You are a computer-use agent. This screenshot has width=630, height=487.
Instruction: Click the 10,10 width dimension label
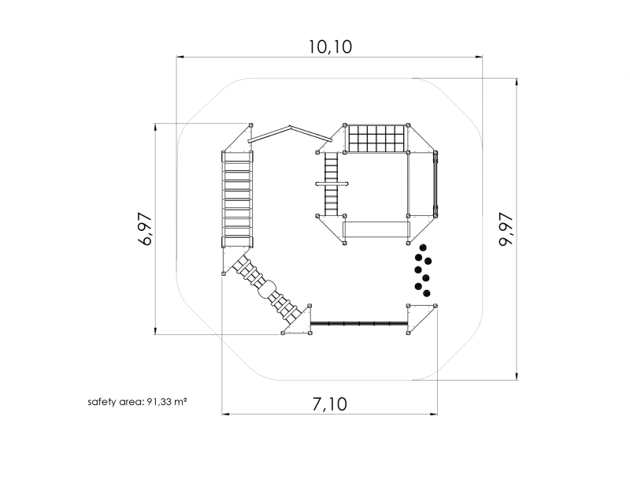coord(330,46)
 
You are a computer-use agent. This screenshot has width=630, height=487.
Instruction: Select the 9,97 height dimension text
coord(506,229)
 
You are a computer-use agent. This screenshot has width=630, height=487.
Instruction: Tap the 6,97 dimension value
coord(145,229)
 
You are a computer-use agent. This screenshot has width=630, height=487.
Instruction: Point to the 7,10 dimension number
coord(329,403)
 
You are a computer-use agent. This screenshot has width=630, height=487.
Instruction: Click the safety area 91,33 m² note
coord(137,401)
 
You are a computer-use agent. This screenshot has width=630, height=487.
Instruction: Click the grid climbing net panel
coord(376,139)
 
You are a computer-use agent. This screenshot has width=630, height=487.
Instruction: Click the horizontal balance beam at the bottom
coord(360,323)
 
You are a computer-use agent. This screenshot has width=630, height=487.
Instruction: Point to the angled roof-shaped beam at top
coord(290,134)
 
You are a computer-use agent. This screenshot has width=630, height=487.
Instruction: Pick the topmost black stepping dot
coord(422,247)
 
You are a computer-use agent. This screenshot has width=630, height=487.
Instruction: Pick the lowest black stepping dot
coord(427,293)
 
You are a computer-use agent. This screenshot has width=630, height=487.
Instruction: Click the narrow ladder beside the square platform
coord(332,184)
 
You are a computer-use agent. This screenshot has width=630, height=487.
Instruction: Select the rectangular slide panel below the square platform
coord(376,229)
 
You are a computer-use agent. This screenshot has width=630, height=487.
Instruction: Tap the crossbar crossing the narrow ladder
coord(332,184)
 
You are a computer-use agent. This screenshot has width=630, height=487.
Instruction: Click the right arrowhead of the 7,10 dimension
coord(434,414)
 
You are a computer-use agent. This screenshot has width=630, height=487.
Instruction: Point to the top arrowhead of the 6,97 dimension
coord(155,127)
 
